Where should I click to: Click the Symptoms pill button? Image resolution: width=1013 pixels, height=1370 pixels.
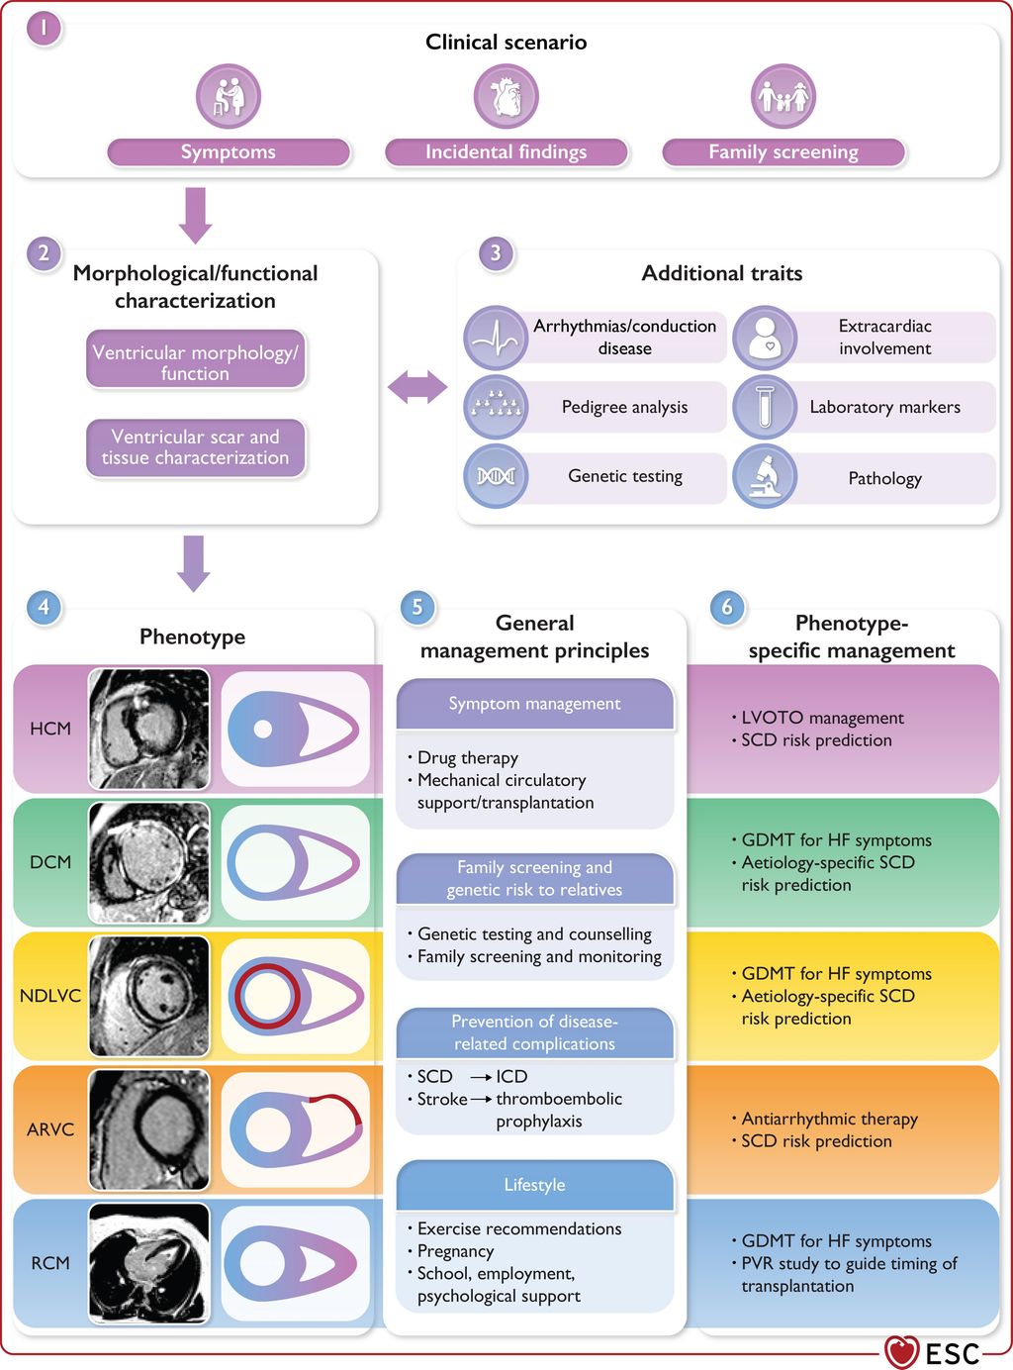pos(229,152)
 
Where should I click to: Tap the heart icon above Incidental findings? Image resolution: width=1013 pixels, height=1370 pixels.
pos(506,97)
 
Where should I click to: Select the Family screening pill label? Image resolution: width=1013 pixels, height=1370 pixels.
pos(783,152)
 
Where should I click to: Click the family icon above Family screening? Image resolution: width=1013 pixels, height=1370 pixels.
pos(783,97)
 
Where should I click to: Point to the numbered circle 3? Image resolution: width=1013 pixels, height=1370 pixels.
pos(496,253)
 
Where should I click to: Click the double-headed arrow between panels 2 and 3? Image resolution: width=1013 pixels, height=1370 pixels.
pos(417,387)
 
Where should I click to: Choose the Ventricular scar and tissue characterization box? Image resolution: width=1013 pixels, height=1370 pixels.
pos(196,447)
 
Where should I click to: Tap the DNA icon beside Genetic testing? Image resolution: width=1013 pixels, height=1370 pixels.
pos(496,476)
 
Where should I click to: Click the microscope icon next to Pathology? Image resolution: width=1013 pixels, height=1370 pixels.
pos(765,477)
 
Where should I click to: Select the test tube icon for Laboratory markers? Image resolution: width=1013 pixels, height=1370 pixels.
pos(765,407)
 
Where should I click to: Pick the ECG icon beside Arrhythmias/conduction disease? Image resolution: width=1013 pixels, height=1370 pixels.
pos(496,338)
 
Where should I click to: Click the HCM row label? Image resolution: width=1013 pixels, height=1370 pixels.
pos(50,729)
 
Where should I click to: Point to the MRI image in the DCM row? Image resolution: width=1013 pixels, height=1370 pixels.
pos(149,862)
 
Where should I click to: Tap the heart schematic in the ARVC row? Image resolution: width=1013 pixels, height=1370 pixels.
pos(295,1129)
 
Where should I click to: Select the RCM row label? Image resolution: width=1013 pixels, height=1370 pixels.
pos(50,1263)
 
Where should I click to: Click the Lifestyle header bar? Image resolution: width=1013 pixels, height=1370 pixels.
pos(534,1185)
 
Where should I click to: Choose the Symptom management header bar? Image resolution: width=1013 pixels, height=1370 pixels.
pos(534,704)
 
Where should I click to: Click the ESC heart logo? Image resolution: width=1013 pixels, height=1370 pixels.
pos(901,1352)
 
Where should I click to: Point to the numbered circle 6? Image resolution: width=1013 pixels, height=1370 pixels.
pos(727,607)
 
